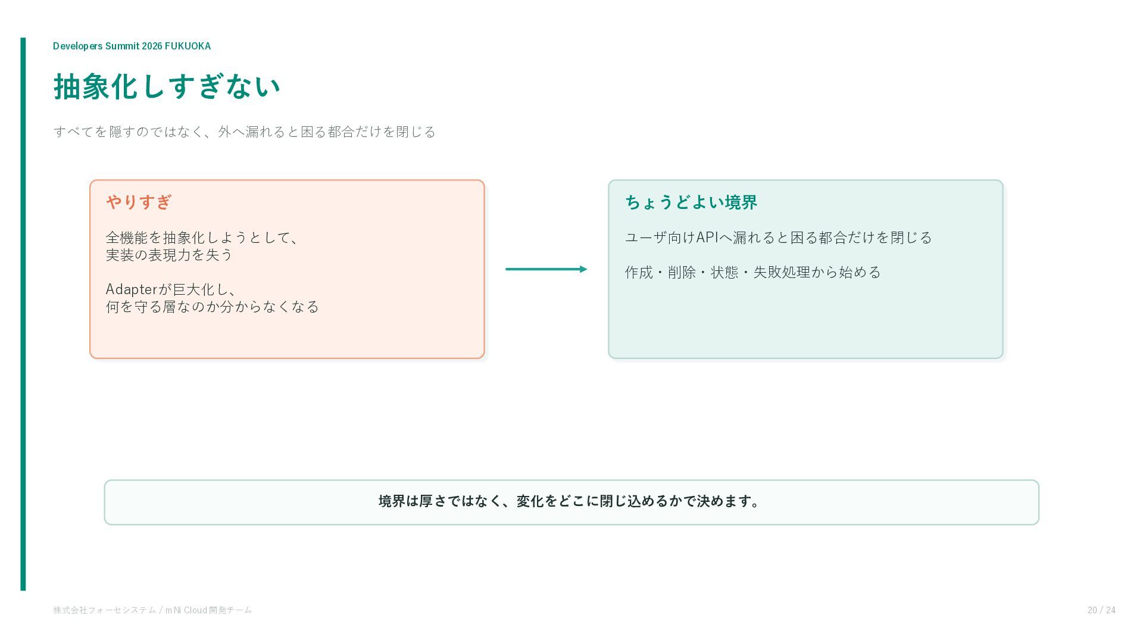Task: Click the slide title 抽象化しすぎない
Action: coord(167,87)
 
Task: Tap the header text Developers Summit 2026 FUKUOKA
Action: coord(132,46)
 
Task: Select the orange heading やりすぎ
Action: coord(139,202)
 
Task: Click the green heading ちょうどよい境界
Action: coord(691,202)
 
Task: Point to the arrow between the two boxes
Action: coord(546,269)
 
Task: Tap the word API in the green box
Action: coord(707,238)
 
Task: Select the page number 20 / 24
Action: coord(1101,610)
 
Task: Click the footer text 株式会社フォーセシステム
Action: coord(104,610)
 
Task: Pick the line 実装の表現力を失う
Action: coord(169,255)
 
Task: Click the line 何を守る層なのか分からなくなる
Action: coord(213,307)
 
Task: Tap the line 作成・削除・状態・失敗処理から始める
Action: coord(752,272)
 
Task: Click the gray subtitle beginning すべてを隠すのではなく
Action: coord(245,132)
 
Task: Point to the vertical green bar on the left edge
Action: coord(23,314)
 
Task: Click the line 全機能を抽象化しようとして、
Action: coord(203,238)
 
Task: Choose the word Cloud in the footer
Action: coord(195,610)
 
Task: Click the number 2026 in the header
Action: coord(152,46)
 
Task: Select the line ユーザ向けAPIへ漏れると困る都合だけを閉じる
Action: coord(778,238)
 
